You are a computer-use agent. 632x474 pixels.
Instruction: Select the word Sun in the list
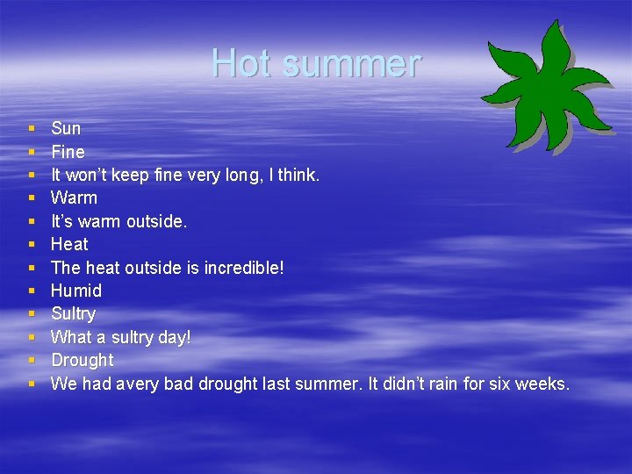66,129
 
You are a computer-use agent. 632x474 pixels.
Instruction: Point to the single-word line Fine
68,152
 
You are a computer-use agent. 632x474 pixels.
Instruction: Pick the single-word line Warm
74,197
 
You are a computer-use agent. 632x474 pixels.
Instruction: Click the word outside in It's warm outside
156,221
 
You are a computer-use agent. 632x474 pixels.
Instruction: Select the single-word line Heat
69,244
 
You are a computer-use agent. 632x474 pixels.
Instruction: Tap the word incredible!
241,268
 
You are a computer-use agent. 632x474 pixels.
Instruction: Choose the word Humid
76,291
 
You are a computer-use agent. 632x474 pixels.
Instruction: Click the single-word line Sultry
73,314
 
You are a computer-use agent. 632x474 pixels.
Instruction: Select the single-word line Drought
83,360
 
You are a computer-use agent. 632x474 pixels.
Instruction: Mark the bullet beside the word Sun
31,129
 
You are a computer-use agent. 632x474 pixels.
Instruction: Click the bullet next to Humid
31,291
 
